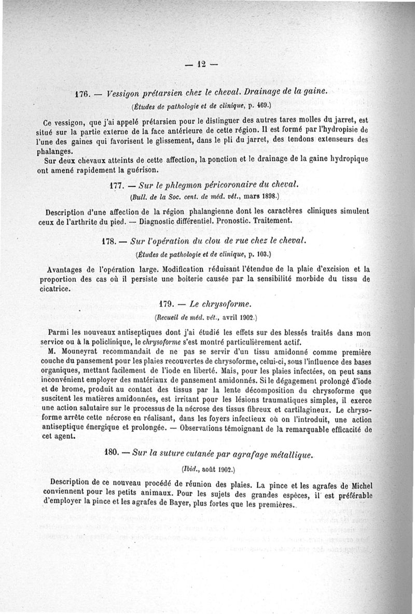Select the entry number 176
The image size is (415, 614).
coord(83,95)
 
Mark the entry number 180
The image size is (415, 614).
coord(113,452)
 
